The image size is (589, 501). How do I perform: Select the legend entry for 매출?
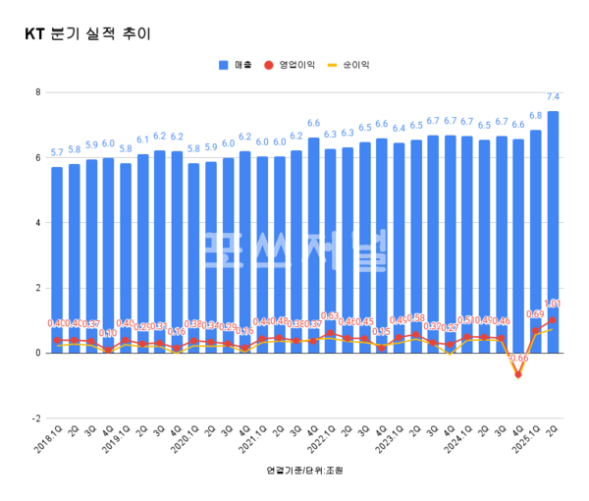236,65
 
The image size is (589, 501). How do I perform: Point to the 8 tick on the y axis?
36,92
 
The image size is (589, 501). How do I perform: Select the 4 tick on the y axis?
36,223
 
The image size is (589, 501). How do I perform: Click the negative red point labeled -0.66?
518,374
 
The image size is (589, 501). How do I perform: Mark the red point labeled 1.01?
553,320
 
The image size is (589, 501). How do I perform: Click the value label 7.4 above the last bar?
553,97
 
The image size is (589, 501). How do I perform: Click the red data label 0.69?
535,314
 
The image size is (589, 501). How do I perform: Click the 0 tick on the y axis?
36,353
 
